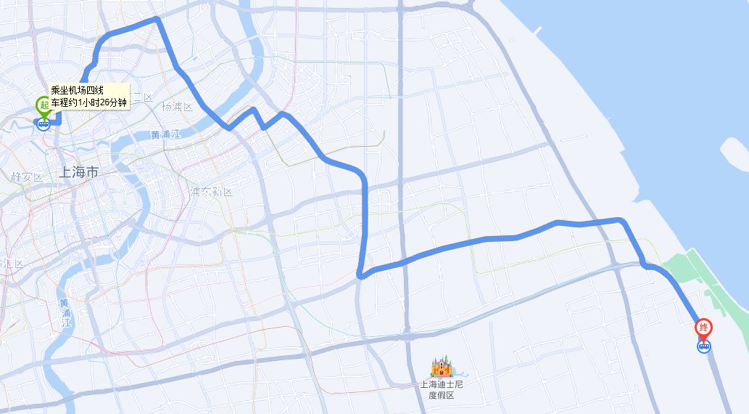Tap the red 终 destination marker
tap(703, 328)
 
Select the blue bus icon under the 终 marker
tap(703, 347)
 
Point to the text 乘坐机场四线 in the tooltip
tap(78, 91)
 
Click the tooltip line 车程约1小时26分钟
tap(88, 102)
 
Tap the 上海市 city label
tap(80, 173)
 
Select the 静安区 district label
tap(28, 177)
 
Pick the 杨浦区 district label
tap(176, 107)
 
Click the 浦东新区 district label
tap(210, 192)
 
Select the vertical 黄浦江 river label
tap(65, 312)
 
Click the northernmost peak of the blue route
tap(156, 20)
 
